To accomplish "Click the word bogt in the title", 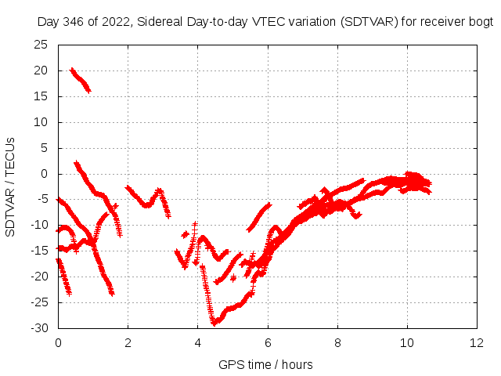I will coord(480,22).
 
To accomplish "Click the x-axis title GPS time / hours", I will coord(266,364).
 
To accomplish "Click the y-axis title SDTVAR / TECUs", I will coord(10,187).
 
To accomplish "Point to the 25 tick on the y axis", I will coord(41,45).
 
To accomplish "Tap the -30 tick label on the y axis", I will coord(38,327).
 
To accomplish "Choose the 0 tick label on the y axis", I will coord(44,174).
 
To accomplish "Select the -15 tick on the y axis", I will coord(38,251).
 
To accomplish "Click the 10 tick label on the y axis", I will coord(41,122).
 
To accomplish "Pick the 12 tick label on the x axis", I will coord(476,342).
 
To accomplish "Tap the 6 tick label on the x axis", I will coord(268,342).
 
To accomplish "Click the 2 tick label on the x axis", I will coord(128,342).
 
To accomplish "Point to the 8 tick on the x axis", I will coord(337,342).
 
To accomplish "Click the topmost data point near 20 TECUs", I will coord(72,70).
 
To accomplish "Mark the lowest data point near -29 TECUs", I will coord(214,321).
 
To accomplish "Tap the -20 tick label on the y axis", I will coord(38,277).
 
